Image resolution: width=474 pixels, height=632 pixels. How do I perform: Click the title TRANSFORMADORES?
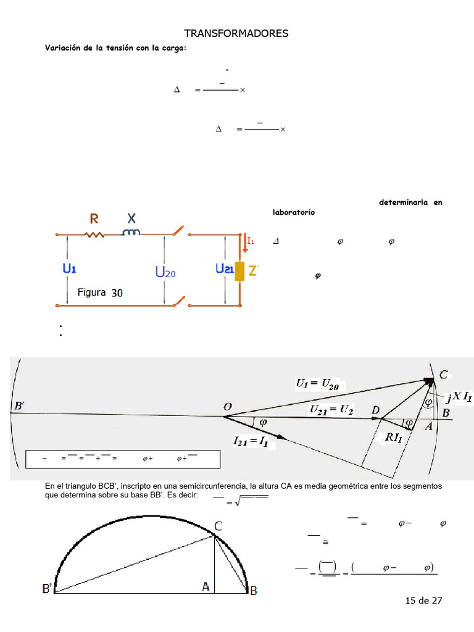[236, 33]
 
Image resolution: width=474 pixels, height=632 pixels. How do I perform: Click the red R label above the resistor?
[94, 218]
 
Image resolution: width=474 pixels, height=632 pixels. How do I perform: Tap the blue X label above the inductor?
[131, 218]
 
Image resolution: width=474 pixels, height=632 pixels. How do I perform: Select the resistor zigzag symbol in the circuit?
[95, 235]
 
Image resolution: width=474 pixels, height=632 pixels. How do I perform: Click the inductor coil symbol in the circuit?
[131, 233]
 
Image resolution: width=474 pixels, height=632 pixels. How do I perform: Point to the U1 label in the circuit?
[69, 269]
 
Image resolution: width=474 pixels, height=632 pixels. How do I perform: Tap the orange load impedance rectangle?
[239, 270]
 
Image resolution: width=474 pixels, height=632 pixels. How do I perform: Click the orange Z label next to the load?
[253, 270]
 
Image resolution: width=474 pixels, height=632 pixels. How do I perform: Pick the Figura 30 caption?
[100, 293]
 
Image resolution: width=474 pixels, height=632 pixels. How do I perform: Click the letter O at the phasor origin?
[228, 406]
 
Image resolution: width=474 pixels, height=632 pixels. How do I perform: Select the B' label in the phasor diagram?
[19, 405]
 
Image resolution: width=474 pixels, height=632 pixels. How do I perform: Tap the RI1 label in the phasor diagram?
[395, 437]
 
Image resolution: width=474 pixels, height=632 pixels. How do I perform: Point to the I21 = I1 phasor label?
[258, 441]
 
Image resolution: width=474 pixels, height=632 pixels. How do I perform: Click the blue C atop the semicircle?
[218, 526]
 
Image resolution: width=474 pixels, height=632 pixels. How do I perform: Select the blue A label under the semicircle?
[206, 588]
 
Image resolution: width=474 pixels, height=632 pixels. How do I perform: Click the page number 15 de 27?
[423, 600]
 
